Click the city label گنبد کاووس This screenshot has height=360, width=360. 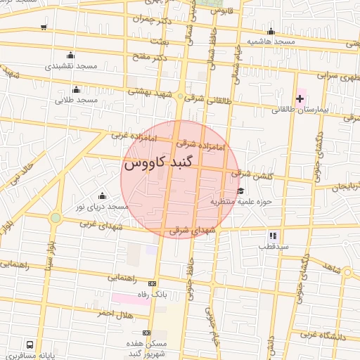162,164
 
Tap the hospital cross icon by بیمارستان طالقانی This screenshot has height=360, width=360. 300,98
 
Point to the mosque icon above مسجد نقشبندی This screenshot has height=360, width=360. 70,55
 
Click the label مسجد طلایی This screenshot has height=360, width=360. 76,101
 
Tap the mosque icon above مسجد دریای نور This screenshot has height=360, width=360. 102,195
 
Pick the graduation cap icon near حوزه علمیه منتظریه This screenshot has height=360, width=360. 240,191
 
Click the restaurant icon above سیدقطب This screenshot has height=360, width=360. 272,236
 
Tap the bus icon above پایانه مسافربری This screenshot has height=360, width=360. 30,345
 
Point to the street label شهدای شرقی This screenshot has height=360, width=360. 188,230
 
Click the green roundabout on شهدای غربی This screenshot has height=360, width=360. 55,218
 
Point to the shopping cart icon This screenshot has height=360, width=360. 44,27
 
